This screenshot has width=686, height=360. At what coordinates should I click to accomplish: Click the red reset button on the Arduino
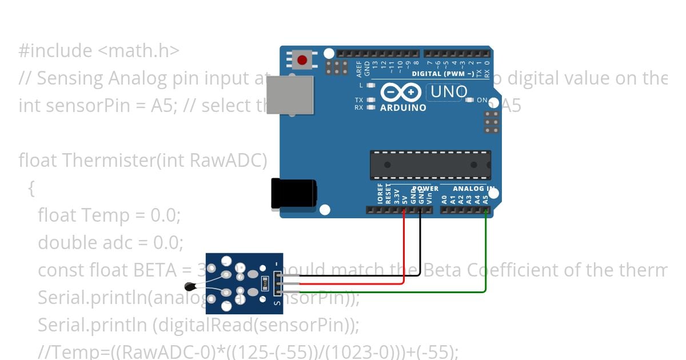pyautogui.click(x=302, y=59)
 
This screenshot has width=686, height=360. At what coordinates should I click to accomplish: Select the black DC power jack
pyautogui.click(x=293, y=193)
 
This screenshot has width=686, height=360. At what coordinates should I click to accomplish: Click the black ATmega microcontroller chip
pyautogui.click(x=430, y=165)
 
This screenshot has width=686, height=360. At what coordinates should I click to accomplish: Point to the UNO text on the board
pyautogui.click(x=448, y=91)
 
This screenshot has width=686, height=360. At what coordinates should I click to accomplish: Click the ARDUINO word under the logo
pyautogui.click(x=403, y=107)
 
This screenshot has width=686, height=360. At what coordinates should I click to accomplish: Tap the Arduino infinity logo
pyautogui.click(x=400, y=92)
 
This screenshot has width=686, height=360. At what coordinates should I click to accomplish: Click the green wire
pyautogui.click(x=485, y=251)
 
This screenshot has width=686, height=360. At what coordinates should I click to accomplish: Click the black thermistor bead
pyautogui.click(x=189, y=286)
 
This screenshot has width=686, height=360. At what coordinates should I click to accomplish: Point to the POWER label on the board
pyautogui.click(x=426, y=189)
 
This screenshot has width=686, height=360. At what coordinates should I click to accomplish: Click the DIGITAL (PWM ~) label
pyautogui.click(x=443, y=74)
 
